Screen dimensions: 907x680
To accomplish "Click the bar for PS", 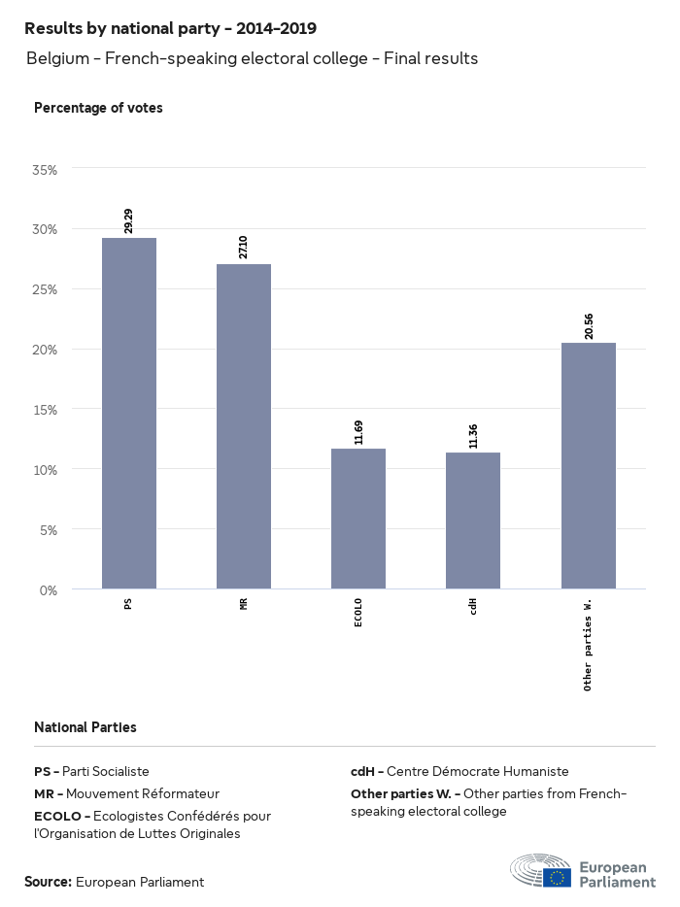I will point(129,413).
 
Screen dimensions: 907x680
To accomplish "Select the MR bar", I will point(244,426).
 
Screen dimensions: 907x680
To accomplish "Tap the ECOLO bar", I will point(358,519).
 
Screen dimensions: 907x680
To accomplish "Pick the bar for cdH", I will point(473,521).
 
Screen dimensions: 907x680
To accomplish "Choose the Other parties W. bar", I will point(589,465).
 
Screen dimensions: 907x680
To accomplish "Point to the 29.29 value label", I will point(129,220).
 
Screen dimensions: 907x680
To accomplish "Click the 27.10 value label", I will point(244,247).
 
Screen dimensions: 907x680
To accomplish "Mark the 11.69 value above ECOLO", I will point(358,431).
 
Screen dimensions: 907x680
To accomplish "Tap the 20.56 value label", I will point(589,325).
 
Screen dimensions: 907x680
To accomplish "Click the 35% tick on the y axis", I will point(45,169).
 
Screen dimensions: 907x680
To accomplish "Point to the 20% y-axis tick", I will point(45,350).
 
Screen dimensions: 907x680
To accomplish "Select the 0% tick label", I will point(49,590).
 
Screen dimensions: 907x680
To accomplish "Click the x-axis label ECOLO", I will point(358,613).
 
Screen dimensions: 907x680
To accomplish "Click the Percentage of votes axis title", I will point(98,108).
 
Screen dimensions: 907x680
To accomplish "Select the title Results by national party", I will point(170,29).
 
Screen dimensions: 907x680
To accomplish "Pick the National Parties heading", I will point(85,726).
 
